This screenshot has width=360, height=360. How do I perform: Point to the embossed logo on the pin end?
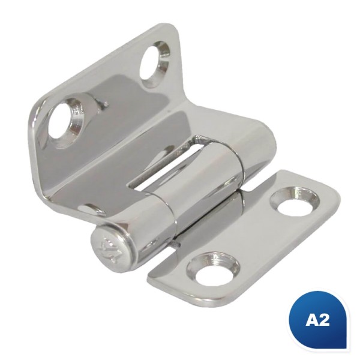[110, 249]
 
